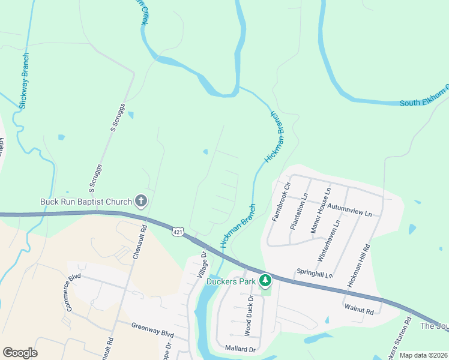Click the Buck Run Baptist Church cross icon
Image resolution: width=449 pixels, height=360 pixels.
click(141, 201)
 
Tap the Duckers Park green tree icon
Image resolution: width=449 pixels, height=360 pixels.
click(265, 280)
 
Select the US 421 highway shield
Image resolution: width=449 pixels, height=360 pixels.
click(177, 232)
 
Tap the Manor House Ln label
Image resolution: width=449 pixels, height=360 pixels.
click(319, 211)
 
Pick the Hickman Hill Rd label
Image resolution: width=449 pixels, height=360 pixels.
click(359, 265)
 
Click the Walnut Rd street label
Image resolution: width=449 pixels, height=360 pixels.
click(359, 311)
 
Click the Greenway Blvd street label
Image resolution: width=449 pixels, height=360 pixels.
click(152, 329)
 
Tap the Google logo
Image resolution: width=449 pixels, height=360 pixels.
click(20, 353)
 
